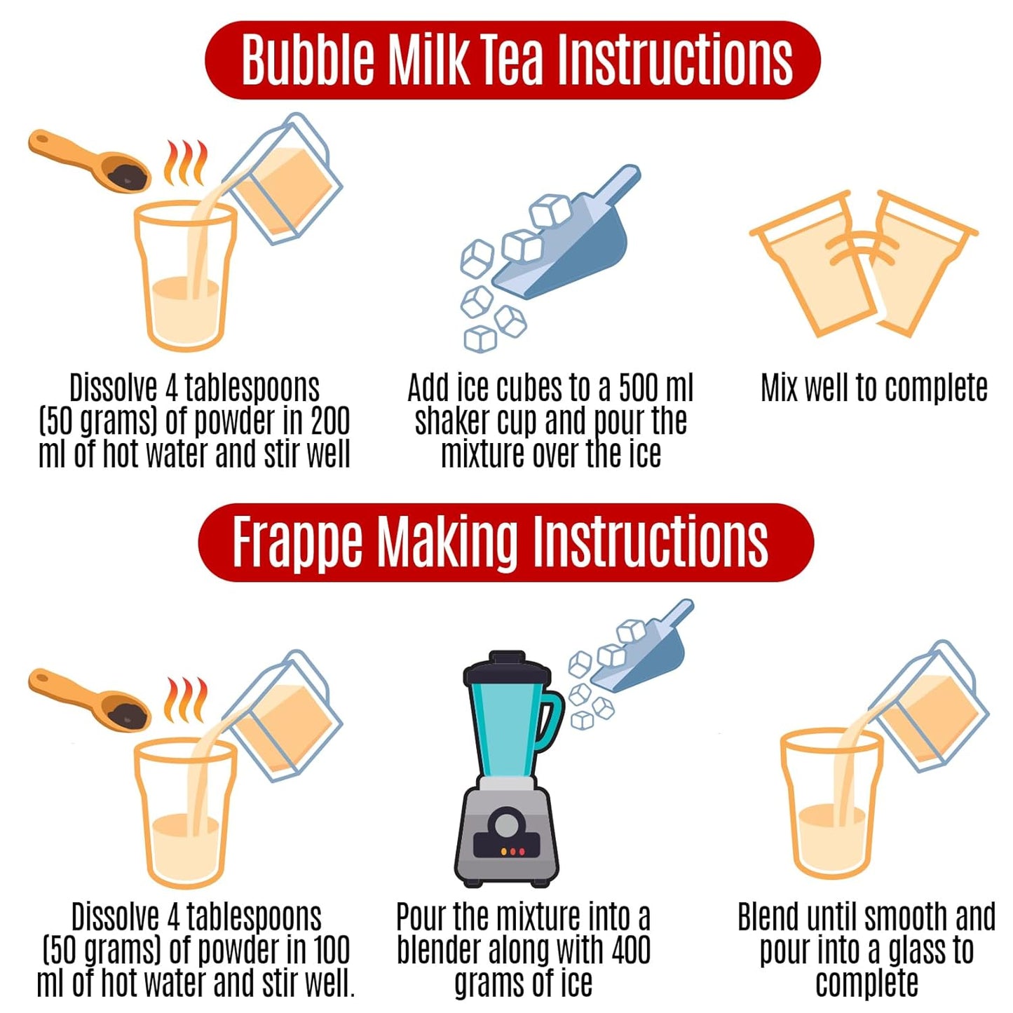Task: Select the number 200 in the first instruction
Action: (x=330, y=421)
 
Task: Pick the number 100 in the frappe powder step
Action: (x=331, y=950)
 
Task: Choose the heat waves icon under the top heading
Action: (x=186, y=163)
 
